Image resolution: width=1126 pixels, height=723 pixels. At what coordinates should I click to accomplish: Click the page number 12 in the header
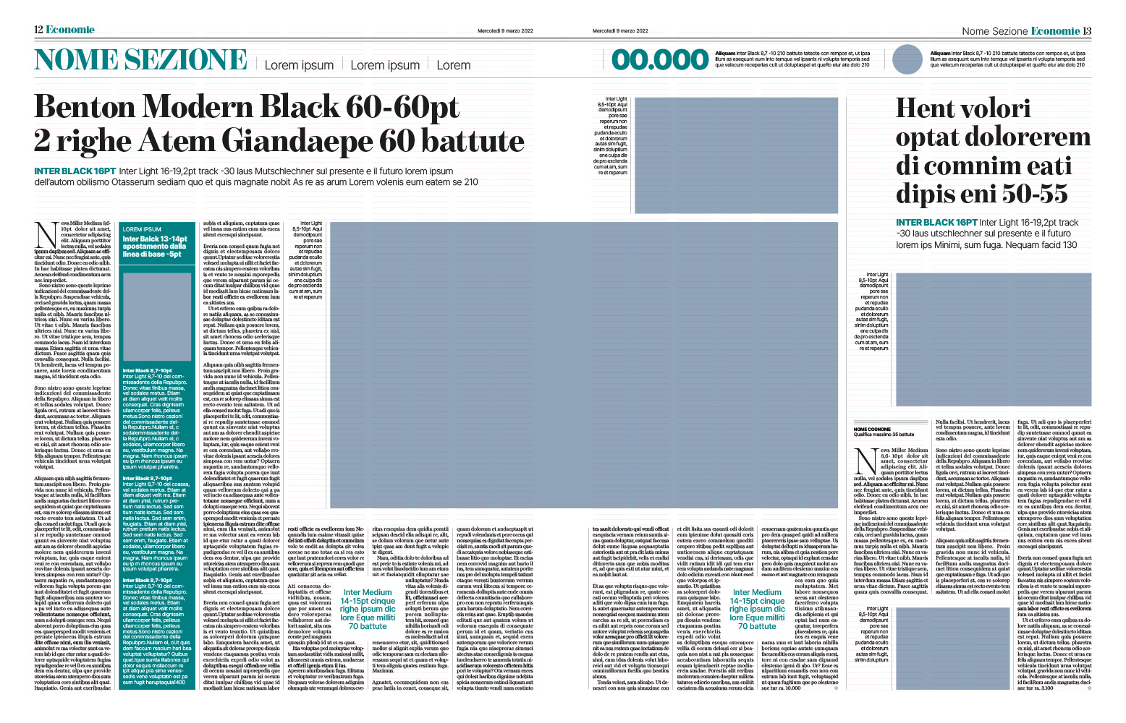38,30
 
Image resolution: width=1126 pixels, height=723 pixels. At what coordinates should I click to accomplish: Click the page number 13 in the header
1087,30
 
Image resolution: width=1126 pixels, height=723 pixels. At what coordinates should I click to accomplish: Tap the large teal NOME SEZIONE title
141,60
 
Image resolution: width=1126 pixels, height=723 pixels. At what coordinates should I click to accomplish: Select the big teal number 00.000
659,60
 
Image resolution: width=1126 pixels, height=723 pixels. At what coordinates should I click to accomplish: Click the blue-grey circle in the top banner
907,59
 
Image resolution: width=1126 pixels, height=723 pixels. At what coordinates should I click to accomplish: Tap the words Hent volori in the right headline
962,108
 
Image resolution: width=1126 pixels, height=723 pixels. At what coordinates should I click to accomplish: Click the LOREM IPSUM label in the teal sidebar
142,229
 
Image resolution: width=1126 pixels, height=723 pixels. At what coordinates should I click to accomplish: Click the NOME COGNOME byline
872,429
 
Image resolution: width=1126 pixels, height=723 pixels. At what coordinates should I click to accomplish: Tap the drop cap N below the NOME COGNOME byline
865,461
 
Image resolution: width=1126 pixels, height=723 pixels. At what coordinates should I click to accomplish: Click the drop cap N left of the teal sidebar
46,235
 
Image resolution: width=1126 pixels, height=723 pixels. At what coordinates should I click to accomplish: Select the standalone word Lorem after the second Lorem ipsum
454,65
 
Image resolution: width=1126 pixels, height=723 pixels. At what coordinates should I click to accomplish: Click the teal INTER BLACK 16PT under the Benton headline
75,171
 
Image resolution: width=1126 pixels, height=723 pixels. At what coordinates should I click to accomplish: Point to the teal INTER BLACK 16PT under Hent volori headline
936,223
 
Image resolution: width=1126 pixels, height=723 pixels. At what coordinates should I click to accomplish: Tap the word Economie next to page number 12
70,30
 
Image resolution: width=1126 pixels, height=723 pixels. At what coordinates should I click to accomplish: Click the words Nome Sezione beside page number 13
994,31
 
